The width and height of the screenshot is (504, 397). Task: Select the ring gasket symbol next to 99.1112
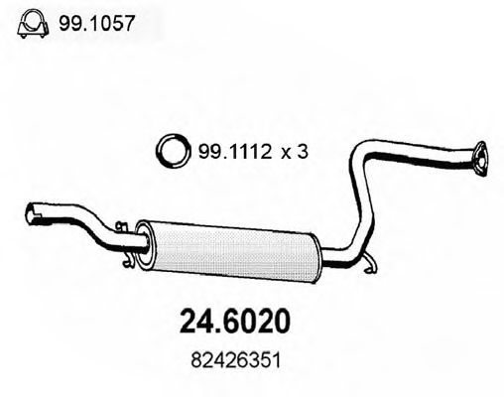(x=173, y=151)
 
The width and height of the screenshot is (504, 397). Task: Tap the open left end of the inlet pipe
(x=29, y=210)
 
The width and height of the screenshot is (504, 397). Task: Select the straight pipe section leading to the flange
(x=427, y=151)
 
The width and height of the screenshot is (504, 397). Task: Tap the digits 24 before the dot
(x=196, y=325)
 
